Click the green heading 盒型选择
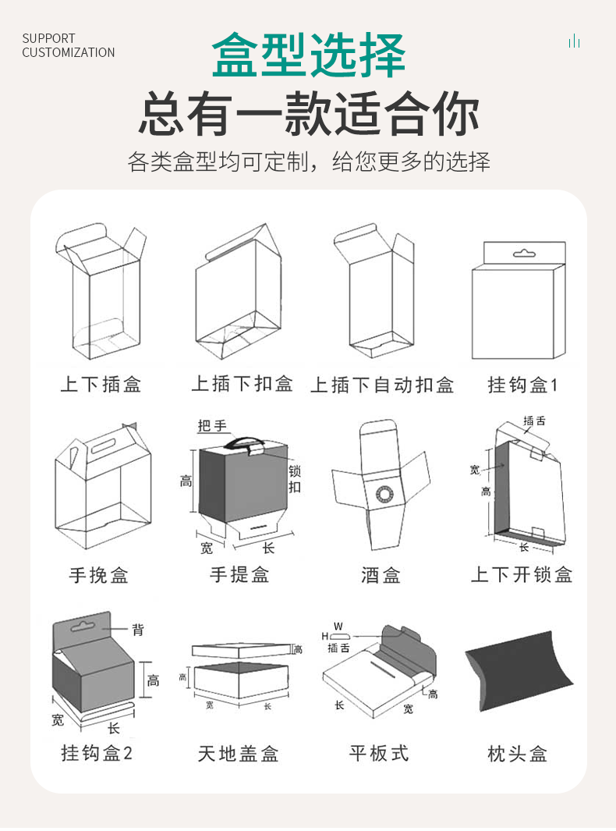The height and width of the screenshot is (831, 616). pos(309,55)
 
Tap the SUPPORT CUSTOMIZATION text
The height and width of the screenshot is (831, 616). pos(68,45)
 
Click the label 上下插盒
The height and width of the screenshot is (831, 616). pos(101,385)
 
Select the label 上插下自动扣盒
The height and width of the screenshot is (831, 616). pos(382,385)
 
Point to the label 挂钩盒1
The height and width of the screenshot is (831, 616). pos(523,385)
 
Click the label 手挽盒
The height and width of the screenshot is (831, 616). pos(98,575)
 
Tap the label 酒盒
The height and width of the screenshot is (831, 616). pos(381,575)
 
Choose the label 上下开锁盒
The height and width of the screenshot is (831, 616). pos(522,575)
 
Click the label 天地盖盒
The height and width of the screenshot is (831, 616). pos(238,754)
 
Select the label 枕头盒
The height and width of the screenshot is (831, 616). pos(518,754)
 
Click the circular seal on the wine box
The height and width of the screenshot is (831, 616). pos(383,493)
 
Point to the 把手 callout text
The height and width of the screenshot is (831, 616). pos(212,425)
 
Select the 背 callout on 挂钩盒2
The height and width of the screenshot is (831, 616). pos(137,629)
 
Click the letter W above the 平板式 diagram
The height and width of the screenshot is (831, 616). pos(338,626)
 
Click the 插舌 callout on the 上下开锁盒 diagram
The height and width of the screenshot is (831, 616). pos(535,421)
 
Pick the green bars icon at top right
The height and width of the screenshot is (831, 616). pos(575,41)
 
